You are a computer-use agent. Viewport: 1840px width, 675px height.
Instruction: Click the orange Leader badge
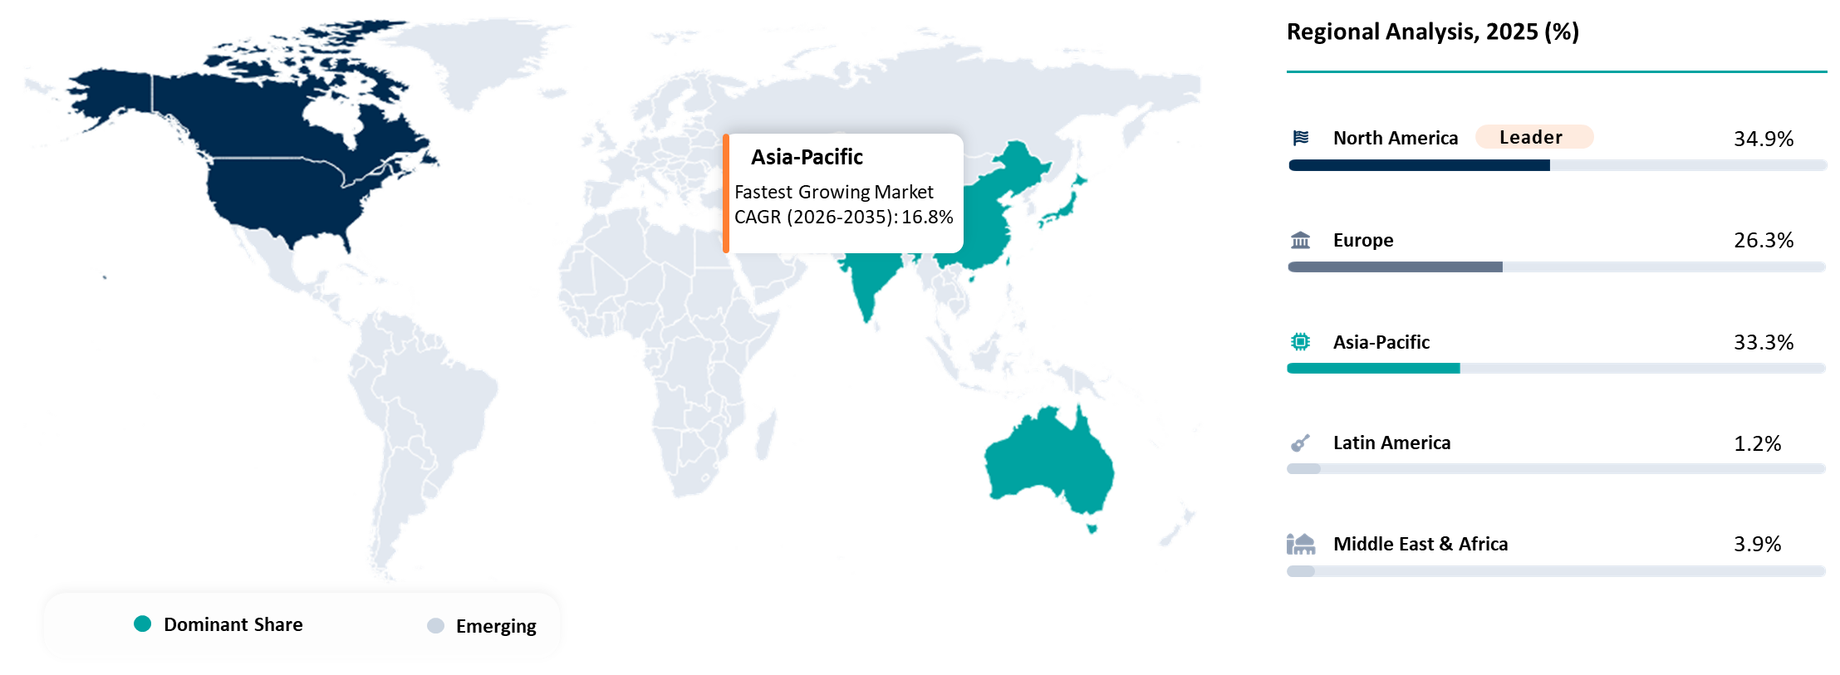click(1533, 137)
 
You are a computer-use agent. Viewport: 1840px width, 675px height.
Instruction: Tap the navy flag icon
click(1301, 138)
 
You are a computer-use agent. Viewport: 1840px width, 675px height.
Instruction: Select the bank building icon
click(1300, 240)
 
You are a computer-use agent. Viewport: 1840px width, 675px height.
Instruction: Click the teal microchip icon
click(1300, 341)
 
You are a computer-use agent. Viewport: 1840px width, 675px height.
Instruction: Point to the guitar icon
click(1300, 443)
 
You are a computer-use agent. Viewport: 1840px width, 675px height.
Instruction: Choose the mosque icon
click(1301, 544)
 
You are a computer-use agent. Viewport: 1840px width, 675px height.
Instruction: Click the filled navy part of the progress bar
click(1419, 165)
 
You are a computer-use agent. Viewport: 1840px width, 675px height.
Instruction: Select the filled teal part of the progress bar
click(1372, 368)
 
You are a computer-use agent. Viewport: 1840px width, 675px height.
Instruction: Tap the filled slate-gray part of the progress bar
click(1395, 267)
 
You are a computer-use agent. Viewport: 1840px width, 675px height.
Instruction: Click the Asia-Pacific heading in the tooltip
click(807, 157)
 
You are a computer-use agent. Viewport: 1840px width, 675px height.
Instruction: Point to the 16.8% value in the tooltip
click(927, 218)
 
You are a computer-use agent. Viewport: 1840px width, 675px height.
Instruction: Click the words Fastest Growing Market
click(833, 192)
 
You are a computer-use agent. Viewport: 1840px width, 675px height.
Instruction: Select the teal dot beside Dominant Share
click(143, 624)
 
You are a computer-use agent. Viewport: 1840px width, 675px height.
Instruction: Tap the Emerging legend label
click(496, 626)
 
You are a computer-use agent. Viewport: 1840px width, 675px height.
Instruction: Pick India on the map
click(868, 282)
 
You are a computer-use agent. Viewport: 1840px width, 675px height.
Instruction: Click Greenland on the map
click(482, 58)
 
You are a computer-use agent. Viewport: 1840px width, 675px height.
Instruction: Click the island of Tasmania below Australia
click(1092, 526)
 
